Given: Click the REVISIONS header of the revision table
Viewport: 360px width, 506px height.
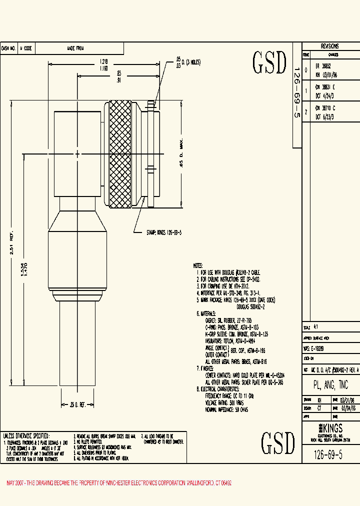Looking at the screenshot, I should click(329, 45).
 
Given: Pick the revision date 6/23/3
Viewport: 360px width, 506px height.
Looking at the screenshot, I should click(324, 115).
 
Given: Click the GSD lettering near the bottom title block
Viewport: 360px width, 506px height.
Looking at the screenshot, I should click(277, 442).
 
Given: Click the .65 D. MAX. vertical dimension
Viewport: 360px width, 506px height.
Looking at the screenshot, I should click(183, 155).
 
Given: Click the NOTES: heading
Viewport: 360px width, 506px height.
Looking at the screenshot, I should click(198, 266).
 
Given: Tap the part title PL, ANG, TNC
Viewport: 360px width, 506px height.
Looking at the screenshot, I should click(330, 385).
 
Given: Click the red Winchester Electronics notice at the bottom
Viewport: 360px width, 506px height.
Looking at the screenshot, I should click(119, 483).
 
